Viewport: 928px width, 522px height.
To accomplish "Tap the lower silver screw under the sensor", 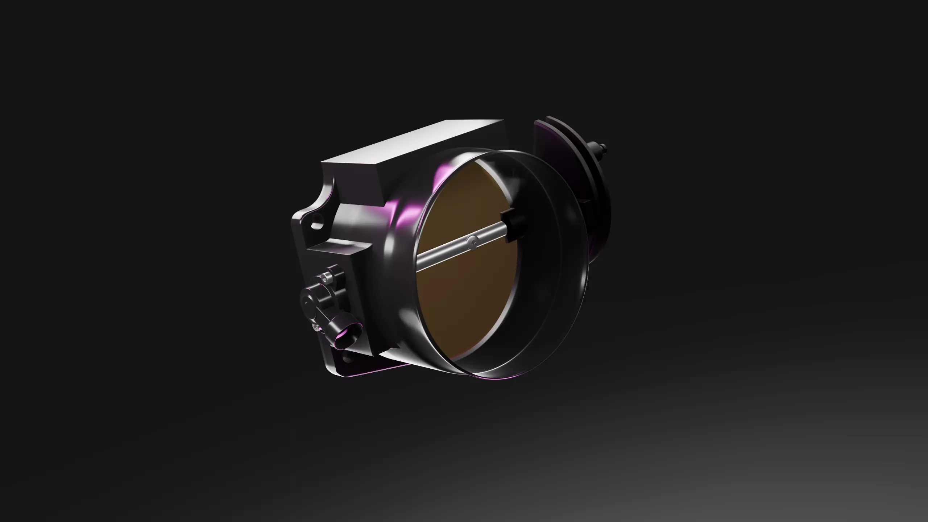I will pyautogui.click(x=317, y=328).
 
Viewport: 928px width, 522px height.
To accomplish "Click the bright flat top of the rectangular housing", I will pyautogui.click(x=417, y=145).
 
